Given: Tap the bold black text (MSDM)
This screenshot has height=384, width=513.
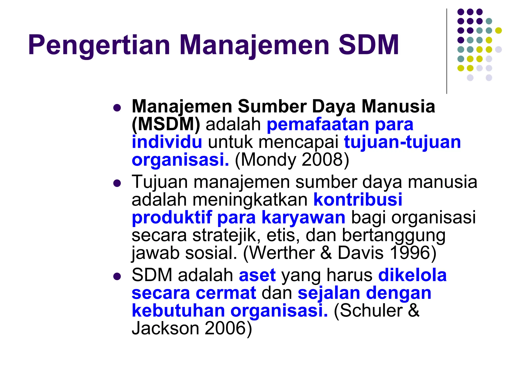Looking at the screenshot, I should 166,124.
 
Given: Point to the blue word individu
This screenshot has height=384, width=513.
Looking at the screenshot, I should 167,142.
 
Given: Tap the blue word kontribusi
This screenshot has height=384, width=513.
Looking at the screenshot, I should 358,199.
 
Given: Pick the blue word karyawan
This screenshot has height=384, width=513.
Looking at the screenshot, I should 303,217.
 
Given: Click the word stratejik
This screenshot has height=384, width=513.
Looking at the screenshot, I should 226,235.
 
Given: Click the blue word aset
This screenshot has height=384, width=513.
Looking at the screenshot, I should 257,275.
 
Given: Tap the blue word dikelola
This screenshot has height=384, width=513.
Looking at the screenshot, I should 412,275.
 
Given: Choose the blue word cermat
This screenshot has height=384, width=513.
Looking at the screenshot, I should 226,293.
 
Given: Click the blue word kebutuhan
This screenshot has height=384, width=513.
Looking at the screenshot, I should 178,311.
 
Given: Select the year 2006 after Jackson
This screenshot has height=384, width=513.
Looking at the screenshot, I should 225,328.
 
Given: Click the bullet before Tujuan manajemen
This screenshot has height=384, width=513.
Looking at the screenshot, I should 117,184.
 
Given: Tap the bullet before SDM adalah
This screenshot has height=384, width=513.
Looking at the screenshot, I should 117,276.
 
